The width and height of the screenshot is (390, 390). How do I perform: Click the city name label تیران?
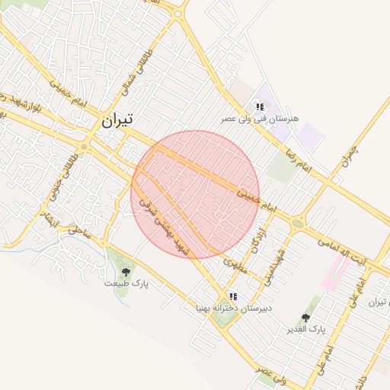click(x=117, y=120)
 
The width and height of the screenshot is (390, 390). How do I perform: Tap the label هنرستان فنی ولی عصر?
click(x=261, y=120)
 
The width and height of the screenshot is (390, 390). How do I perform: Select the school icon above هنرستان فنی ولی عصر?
click(x=260, y=107)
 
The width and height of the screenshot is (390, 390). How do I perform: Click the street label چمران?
click(x=349, y=156)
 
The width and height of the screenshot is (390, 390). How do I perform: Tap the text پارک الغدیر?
click(x=305, y=329)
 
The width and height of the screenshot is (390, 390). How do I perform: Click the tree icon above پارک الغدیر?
click(x=305, y=317)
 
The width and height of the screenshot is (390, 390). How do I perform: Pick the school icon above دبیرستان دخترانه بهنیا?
click(x=233, y=296)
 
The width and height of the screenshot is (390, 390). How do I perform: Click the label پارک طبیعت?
click(x=126, y=283)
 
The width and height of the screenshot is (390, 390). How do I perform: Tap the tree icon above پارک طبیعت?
click(x=126, y=270)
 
